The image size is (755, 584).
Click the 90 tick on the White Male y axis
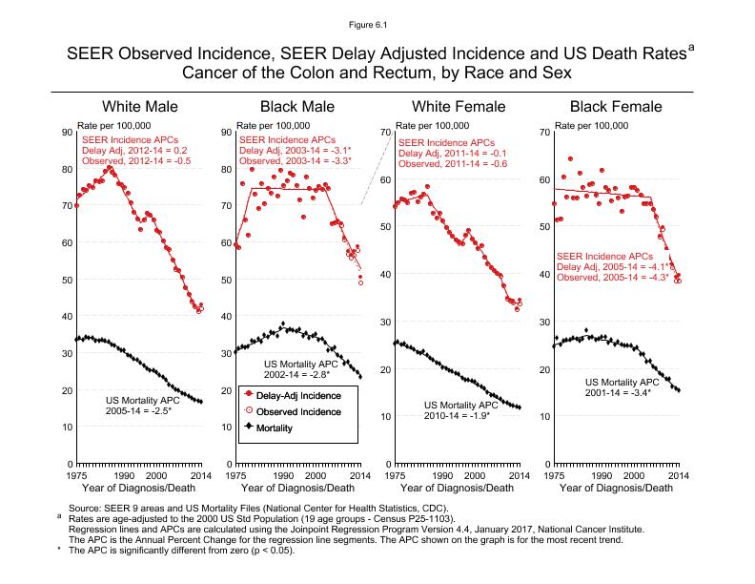pyautogui.click(x=66, y=133)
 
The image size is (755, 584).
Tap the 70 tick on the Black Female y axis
pyautogui.click(x=542, y=132)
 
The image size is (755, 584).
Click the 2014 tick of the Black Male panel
pyautogui.click(x=359, y=474)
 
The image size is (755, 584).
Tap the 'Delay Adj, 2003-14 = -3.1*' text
pyautogui.click(x=296, y=151)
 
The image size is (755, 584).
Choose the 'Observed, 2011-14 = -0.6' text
pyautogui.click(x=452, y=164)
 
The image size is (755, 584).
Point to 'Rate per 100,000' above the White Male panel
pyautogui.click(x=113, y=125)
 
